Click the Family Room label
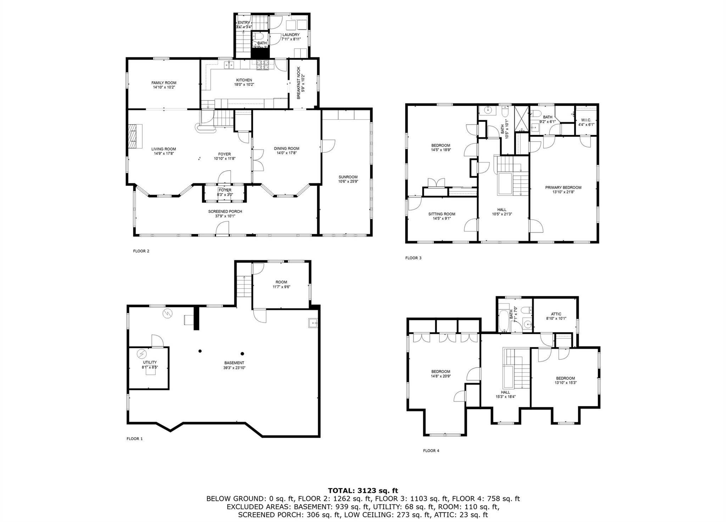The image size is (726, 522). pos(164,83)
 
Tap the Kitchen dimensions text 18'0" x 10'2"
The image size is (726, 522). pos(244,85)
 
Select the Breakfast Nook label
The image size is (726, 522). pos(298,83)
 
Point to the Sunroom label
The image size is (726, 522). pos(348,177)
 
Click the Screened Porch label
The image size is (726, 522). pos(225,212)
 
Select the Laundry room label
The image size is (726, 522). pos(291,35)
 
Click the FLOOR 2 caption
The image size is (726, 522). pos(141,251)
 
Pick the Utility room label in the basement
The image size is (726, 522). pos(150,362)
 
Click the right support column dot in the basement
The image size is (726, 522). pos(242,353)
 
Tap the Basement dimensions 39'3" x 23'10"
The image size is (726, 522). pos(234,368)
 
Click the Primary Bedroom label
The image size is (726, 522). pos(563,187)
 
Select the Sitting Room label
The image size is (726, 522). pos(442,214)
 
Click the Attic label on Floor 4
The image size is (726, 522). pos(556,314)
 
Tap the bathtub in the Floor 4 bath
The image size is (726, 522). pos(503,321)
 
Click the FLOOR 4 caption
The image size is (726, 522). pos(431,451)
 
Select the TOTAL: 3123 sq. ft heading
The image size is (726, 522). pos(363,491)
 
